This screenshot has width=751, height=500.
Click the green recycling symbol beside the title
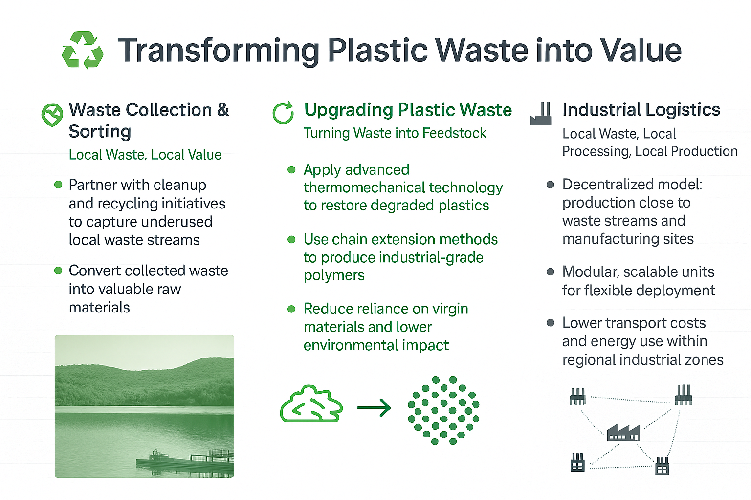click(x=83, y=50)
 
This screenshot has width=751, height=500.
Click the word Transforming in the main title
click(x=218, y=51)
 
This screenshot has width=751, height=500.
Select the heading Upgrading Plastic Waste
click(x=408, y=110)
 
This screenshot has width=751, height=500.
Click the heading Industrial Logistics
click(x=641, y=109)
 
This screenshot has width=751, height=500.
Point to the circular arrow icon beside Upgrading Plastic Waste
click(x=283, y=112)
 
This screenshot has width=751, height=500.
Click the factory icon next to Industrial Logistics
click(x=540, y=114)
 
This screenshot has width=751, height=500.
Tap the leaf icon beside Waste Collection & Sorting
click(x=52, y=115)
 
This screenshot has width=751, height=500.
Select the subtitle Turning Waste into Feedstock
click(x=395, y=133)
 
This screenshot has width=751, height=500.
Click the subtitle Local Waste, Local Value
click(x=145, y=155)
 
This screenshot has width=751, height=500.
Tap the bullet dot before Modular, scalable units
click(x=550, y=271)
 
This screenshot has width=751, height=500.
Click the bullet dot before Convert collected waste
click(x=58, y=270)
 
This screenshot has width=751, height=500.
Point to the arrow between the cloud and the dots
click(x=374, y=408)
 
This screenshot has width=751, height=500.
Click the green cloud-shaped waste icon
click(x=311, y=405)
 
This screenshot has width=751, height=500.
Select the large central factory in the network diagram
click(x=623, y=432)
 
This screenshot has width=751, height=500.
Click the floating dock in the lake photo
click(x=185, y=461)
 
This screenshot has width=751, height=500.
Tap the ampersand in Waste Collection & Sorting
click(x=223, y=110)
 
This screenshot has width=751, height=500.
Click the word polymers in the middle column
click(x=334, y=276)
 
